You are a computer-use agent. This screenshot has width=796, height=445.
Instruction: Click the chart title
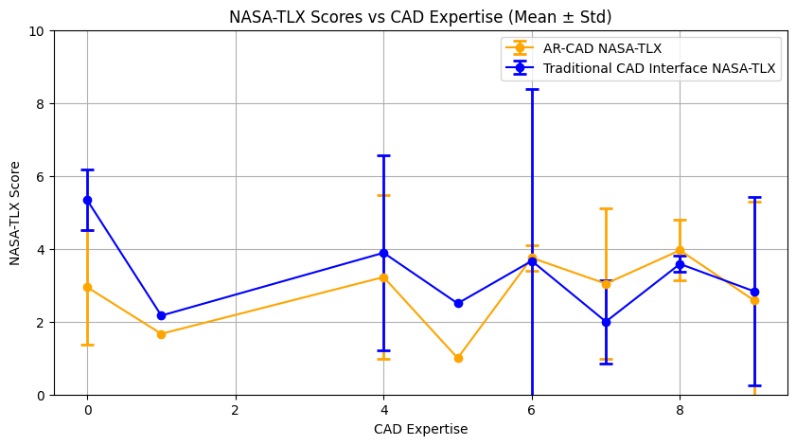pos(420,16)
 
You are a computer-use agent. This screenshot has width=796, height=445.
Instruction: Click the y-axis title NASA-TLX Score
pos(15,213)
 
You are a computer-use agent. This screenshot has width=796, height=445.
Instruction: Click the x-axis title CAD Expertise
pos(420,429)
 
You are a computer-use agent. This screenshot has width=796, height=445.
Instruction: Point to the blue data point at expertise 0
pos(87,200)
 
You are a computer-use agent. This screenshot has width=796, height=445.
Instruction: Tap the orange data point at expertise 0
pos(87,287)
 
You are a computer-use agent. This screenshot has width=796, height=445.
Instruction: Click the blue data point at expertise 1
pos(161,315)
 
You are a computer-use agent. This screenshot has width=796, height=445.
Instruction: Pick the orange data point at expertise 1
pos(161,334)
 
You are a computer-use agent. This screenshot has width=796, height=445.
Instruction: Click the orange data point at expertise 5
pos(458,358)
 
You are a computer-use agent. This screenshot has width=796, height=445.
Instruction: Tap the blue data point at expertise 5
pos(458,303)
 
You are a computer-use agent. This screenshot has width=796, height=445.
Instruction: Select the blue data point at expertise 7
pos(606,322)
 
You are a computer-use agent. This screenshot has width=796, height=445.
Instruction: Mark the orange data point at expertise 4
pos(383,277)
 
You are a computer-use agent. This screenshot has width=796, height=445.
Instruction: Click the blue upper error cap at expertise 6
pos(532,89)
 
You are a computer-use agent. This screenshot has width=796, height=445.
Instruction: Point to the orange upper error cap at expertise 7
pos(606,208)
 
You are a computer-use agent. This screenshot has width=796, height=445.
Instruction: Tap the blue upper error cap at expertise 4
pos(383,155)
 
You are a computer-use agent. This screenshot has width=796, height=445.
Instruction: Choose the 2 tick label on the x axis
pos(235,410)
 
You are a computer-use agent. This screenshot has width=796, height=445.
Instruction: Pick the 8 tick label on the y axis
pos(40,104)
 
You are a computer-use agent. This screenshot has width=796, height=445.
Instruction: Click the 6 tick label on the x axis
pos(532,410)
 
